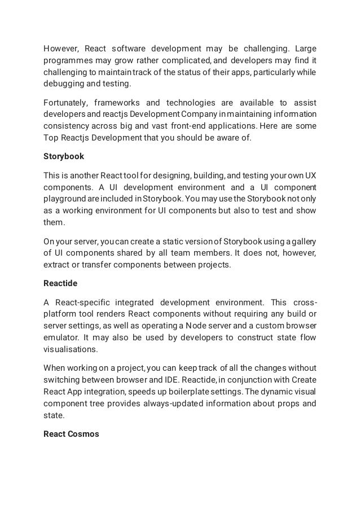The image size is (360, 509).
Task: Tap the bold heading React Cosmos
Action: click(71, 435)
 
